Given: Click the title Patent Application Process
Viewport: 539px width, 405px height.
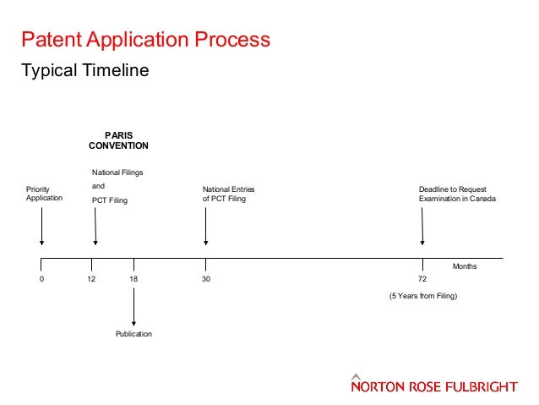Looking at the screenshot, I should coord(145,40).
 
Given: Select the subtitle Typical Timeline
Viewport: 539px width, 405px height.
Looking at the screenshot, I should coord(84,71).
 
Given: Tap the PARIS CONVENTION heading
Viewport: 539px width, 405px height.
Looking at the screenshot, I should coord(118,140).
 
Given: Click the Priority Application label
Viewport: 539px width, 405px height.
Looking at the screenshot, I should coord(44,194).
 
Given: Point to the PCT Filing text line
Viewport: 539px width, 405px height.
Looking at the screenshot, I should coord(109,200).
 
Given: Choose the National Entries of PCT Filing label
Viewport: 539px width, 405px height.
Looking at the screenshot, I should coord(228,194).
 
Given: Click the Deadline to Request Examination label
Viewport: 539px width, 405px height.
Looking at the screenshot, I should coord(457,194).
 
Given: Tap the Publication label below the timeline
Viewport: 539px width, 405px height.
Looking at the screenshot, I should coord(133,335).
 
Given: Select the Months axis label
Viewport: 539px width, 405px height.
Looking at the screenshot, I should coord(465,266).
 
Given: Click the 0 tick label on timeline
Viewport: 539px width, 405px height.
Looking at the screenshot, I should coord(41,278).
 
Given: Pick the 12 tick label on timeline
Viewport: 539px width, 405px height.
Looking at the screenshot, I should coord(91,278).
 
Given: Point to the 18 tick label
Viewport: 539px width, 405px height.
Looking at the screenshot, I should coord(133,278).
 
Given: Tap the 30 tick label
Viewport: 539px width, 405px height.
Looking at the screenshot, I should coord(205,278).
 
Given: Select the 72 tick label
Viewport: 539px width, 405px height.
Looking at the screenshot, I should coord(422,278).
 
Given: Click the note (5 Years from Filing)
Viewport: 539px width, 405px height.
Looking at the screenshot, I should coord(422,297).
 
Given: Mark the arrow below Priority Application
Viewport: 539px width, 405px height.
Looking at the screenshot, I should coord(41,227).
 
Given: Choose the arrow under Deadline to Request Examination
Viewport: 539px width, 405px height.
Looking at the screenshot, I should coord(422,227).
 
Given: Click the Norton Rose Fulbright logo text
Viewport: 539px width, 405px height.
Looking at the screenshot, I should coord(433,386).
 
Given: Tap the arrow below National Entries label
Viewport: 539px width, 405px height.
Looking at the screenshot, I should coord(205,227).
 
